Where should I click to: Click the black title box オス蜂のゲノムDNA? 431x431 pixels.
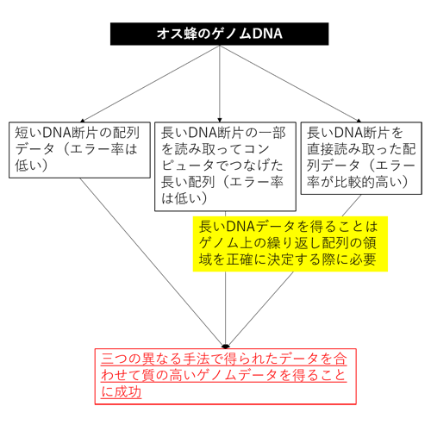coord(219,34)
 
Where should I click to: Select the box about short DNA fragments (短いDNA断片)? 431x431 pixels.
coord(79,150)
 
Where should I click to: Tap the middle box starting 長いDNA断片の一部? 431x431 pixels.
coord(225,166)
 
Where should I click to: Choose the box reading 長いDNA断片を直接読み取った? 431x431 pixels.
coord(361,159)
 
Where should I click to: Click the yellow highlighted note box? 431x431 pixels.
coord(290,244)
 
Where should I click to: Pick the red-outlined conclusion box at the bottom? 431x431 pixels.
coord(226,377)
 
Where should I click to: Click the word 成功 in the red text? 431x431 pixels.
coord(128,391)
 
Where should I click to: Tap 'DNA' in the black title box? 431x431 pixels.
coord(267,34)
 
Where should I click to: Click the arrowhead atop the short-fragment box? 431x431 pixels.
coord(83,121)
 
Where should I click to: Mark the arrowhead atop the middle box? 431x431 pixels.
coord(220,120)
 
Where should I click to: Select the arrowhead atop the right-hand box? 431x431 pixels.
coord(359,121)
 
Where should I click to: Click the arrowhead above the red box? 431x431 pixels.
coord(226,346)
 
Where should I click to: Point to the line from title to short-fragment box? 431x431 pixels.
coord(151,84)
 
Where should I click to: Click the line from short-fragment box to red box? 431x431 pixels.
coord(152,262)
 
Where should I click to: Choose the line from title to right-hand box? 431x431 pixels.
coord(289,84)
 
